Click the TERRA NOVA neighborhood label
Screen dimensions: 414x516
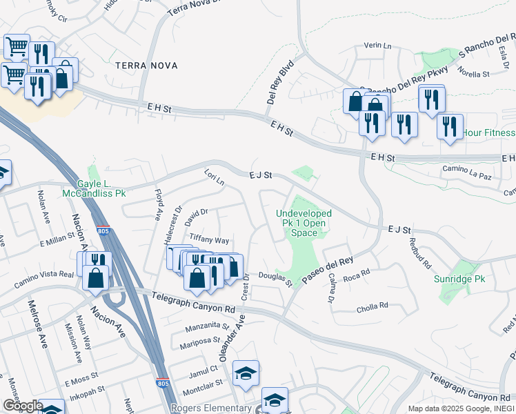click(146, 66)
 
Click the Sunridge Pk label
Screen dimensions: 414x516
click(461, 279)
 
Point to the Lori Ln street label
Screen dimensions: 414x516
click(214, 177)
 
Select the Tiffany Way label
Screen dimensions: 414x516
click(209, 240)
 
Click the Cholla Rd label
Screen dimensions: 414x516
click(373, 305)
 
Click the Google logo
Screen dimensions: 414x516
click(22, 406)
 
